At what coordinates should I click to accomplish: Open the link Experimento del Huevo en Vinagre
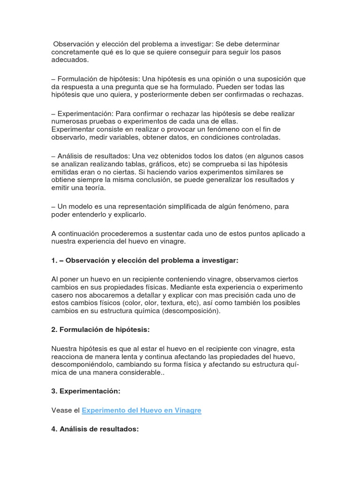click(142, 410)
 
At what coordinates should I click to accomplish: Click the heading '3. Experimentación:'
click(86, 390)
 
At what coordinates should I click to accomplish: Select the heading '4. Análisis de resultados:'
click(95, 429)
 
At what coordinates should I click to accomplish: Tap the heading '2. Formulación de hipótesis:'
click(100, 330)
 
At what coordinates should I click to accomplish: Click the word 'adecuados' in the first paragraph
click(69, 60)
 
